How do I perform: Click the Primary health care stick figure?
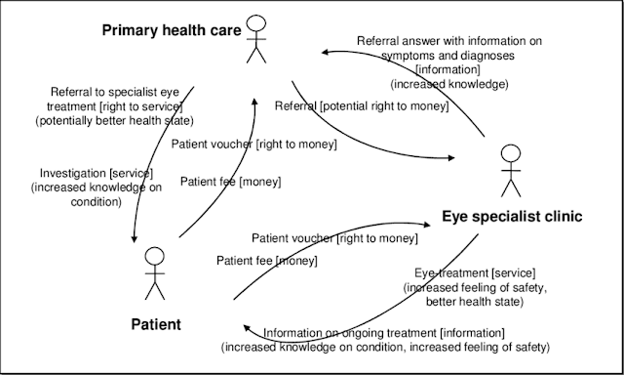pyautogui.click(x=256, y=39)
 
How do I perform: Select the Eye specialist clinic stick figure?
pyautogui.click(x=511, y=171)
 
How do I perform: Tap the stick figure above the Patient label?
pyautogui.click(x=155, y=273)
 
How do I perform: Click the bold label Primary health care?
pyautogui.click(x=172, y=30)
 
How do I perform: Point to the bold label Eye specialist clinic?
pyautogui.click(x=512, y=217)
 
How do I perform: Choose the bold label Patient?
pyautogui.click(x=156, y=324)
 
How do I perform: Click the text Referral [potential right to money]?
pyautogui.click(x=362, y=106)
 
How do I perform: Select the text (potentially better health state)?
pyautogui.click(x=115, y=121)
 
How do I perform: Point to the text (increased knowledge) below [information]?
pyautogui.click(x=449, y=84)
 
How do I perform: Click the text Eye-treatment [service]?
pyautogui.click(x=475, y=273)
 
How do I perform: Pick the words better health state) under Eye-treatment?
pyautogui.click(x=475, y=302)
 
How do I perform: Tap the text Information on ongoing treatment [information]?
pyautogui.click(x=384, y=333)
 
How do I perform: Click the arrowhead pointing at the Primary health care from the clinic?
pyautogui.click(x=325, y=52)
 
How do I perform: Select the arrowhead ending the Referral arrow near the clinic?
pyautogui.click(x=451, y=158)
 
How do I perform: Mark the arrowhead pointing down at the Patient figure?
pyautogui.click(x=135, y=239)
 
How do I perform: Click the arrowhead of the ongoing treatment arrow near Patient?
pyautogui.click(x=247, y=328)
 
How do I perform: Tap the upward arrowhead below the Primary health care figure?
pyautogui.click(x=254, y=102)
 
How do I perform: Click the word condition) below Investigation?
pyautogui.click(x=96, y=201)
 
